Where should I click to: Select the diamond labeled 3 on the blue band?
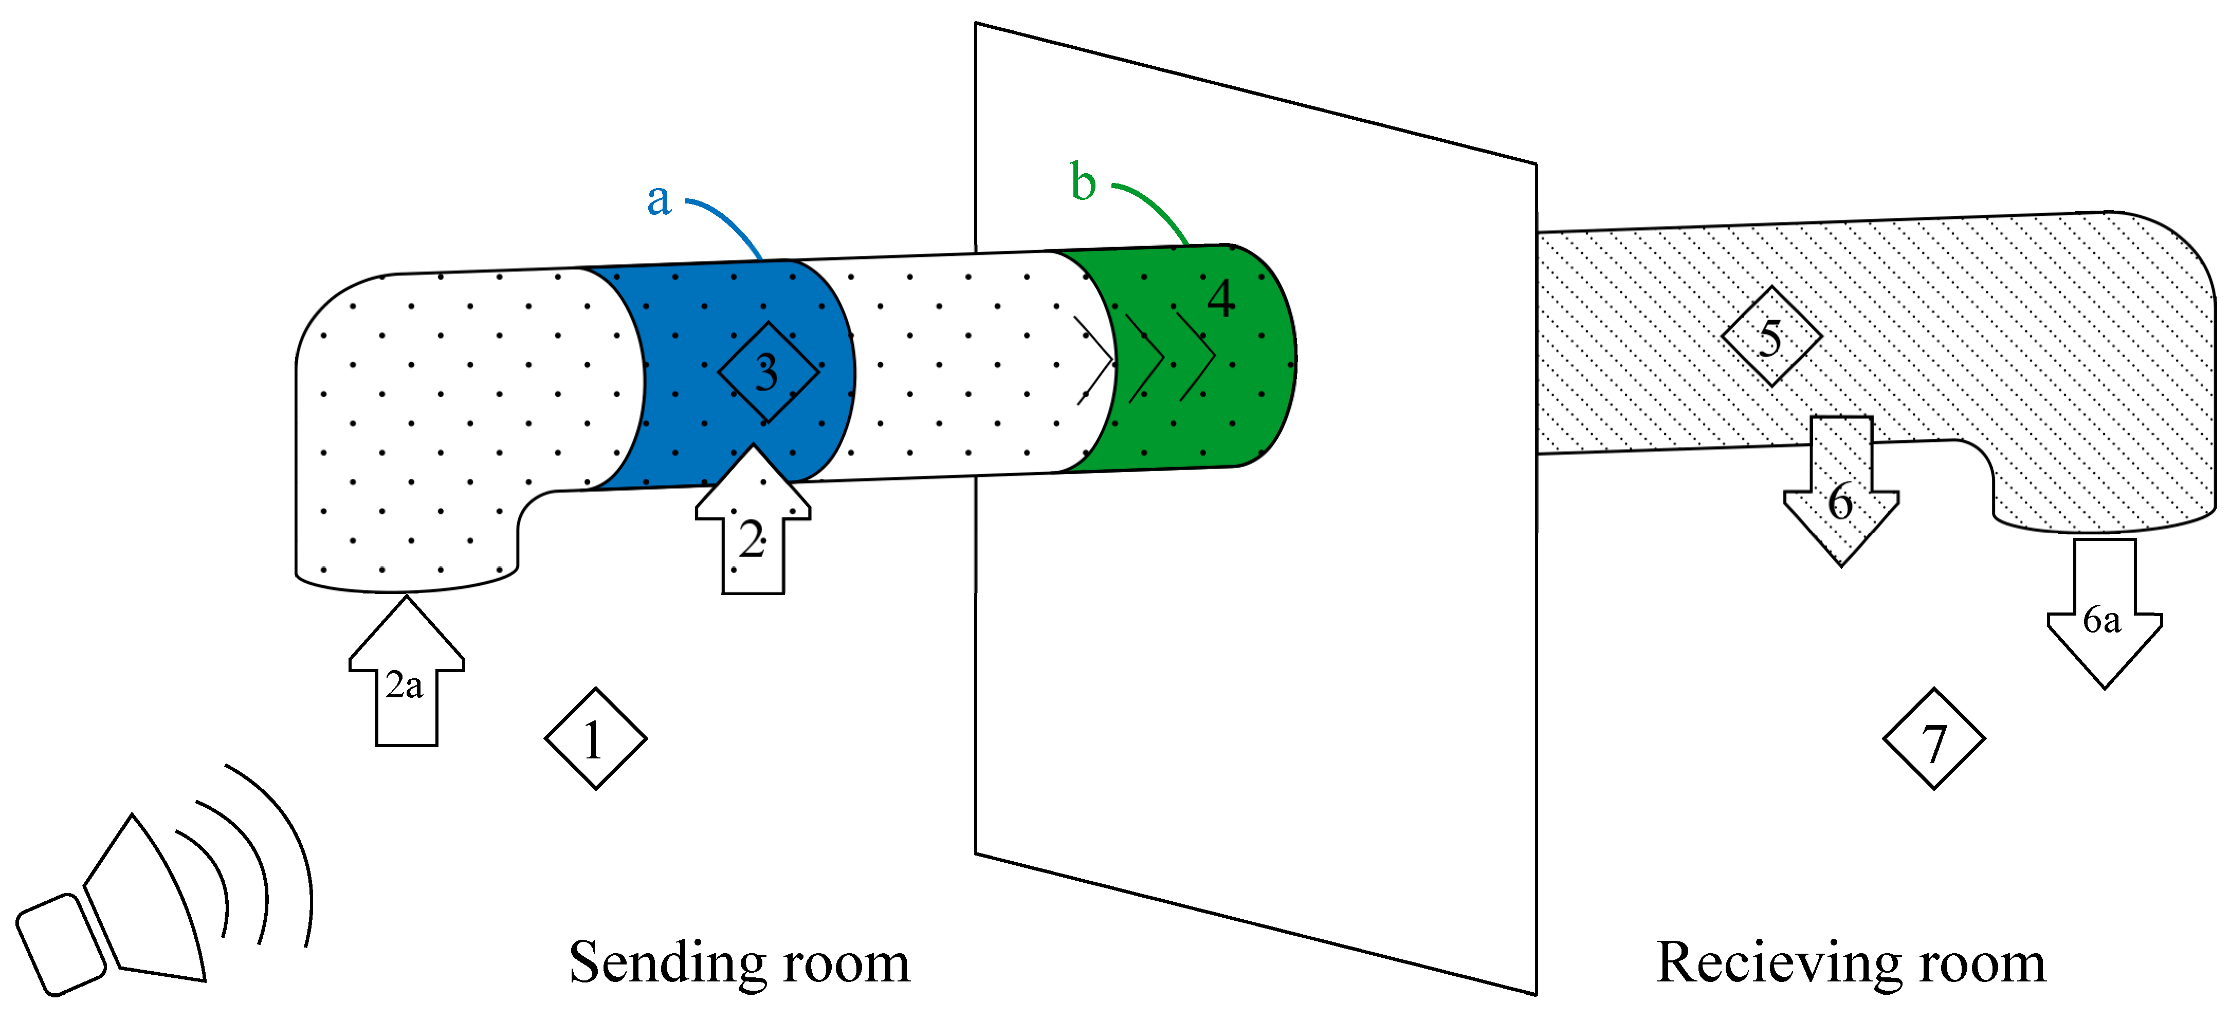(768, 372)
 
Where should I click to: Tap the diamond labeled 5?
(1771, 336)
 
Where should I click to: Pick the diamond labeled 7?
(1933, 738)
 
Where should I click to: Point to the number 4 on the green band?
(1220, 299)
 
